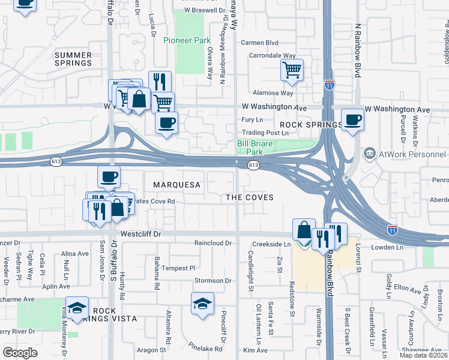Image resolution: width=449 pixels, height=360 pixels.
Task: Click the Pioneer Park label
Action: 187,41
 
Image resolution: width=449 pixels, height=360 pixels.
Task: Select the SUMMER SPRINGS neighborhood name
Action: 73,59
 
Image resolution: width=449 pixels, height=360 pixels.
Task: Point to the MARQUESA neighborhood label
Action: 176,185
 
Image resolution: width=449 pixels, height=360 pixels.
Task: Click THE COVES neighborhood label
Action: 249,197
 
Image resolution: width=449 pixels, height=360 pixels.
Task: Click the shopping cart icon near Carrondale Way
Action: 292,71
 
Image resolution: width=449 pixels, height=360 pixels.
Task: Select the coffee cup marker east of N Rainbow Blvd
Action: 352,119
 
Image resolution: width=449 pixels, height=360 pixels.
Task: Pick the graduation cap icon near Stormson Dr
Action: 203,304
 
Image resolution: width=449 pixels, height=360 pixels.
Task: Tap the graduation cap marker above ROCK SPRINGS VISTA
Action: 77,308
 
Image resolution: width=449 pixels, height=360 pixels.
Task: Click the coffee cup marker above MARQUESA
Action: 109,176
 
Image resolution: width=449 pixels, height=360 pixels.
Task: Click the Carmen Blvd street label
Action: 259,43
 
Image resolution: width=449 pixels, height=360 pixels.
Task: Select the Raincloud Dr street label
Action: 212,243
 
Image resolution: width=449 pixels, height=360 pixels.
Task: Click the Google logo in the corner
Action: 20,352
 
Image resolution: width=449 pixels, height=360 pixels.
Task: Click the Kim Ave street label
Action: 255,350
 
